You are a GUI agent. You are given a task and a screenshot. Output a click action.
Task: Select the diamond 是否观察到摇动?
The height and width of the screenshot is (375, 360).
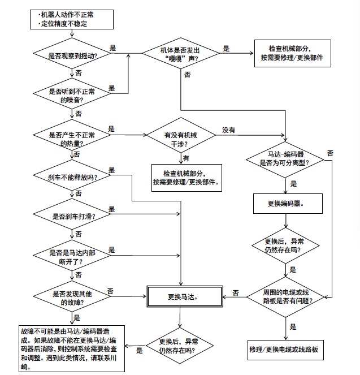pyautogui.click(x=72, y=55)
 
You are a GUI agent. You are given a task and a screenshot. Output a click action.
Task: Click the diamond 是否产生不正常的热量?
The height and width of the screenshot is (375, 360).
pyautogui.click(x=72, y=136)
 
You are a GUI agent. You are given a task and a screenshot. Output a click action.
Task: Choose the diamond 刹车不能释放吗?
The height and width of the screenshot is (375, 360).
pyautogui.click(x=72, y=177)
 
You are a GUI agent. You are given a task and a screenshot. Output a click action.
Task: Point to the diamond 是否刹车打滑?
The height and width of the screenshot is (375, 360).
pyautogui.click(x=72, y=215)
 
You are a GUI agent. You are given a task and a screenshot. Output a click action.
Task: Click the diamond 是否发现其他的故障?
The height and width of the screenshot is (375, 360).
pyautogui.click(x=72, y=299)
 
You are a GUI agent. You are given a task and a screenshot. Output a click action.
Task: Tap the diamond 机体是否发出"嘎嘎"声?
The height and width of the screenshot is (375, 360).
pyautogui.click(x=181, y=55)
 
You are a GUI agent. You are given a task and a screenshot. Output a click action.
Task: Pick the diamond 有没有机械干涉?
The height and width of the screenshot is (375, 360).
pyautogui.click(x=181, y=136)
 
